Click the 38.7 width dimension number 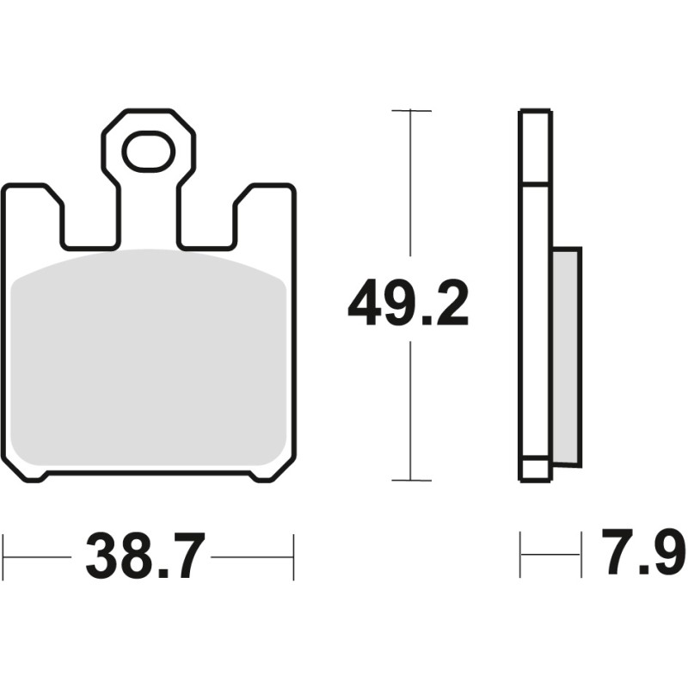coord(145,556)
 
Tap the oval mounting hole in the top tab coord(148,151)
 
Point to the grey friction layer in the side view coord(567,355)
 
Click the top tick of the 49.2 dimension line coord(410,111)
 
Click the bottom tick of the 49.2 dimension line coord(410,480)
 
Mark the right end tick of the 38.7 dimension coord(294,556)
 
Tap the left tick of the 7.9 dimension coord(521,555)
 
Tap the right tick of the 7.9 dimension coord(580,555)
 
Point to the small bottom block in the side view coord(535,470)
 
